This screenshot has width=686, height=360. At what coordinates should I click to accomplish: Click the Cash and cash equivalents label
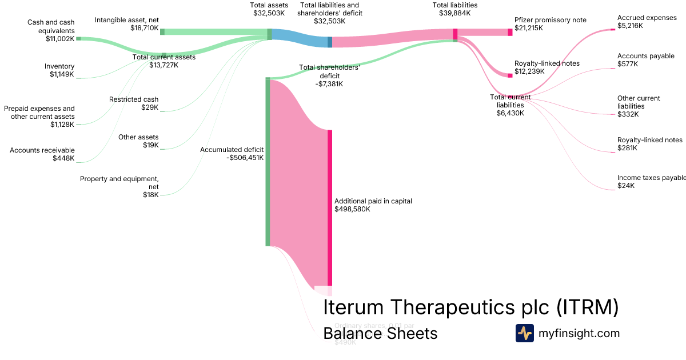(51, 30)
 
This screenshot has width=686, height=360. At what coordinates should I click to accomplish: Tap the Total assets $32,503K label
(269, 9)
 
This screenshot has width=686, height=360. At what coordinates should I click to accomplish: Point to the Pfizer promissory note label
(550, 20)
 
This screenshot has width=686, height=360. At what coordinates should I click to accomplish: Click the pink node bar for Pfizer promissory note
(510, 32)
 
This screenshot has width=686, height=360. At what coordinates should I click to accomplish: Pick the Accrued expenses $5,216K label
(647, 22)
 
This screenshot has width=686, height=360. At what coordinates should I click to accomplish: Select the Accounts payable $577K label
(645, 60)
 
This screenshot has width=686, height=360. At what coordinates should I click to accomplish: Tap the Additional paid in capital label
(373, 205)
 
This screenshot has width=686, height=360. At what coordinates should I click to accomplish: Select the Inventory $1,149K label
(59, 70)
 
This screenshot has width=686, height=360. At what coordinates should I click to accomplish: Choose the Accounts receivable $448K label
(42, 154)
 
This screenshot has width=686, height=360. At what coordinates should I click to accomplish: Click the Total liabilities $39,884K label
(454, 9)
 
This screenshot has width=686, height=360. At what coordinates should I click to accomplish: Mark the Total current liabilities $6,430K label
(510, 105)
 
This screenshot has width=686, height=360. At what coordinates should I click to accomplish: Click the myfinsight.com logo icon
(524, 333)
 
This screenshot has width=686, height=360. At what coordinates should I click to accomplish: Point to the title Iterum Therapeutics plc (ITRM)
(471, 307)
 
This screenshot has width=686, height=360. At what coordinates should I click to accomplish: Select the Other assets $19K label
(138, 141)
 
